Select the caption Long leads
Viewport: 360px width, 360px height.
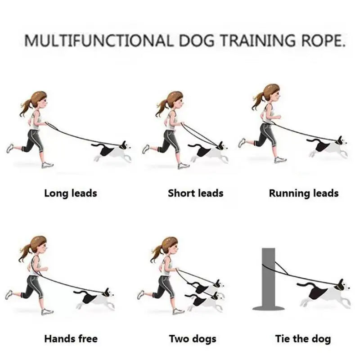(71, 193)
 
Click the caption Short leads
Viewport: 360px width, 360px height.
(195, 193)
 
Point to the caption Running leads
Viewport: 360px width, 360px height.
(304, 193)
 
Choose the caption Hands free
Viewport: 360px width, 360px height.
(71, 338)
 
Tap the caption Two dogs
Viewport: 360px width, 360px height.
(193, 338)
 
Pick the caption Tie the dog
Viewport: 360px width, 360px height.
(303, 338)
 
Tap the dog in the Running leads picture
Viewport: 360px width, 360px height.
(328, 146)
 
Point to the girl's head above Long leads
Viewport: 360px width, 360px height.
(40, 100)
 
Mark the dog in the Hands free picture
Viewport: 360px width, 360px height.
(94, 297)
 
